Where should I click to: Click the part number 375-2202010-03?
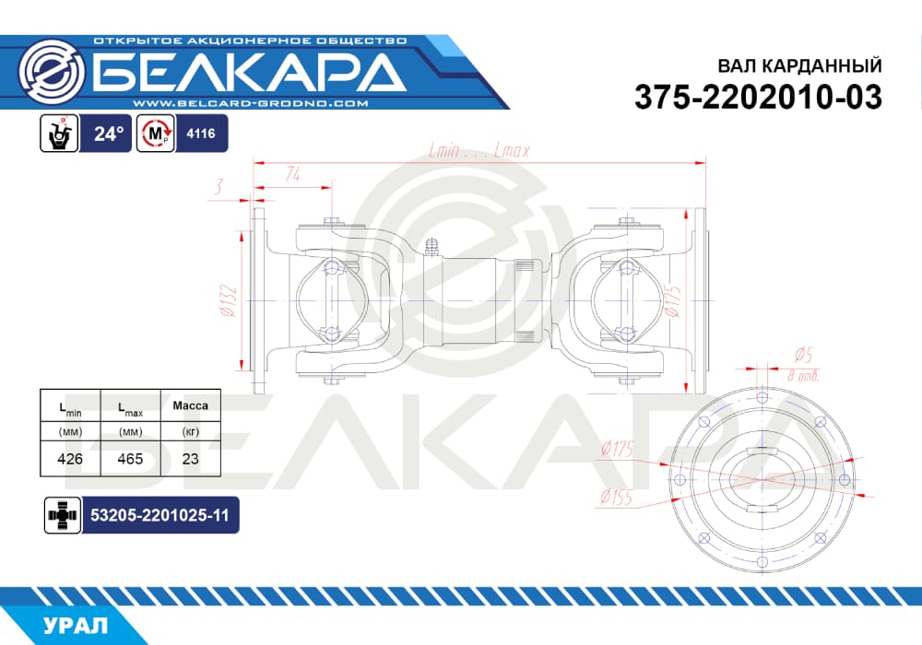tap(758, 97)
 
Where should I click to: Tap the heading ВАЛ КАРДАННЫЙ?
tap(799, 65)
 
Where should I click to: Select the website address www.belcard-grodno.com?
tap(251, 103)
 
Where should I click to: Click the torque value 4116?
tap(201, 134)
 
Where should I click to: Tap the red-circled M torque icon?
tap(156, 134)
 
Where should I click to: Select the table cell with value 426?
tap(70, 459)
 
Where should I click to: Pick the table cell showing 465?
tap(130, 459)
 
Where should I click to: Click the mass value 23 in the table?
tap(191, 459)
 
